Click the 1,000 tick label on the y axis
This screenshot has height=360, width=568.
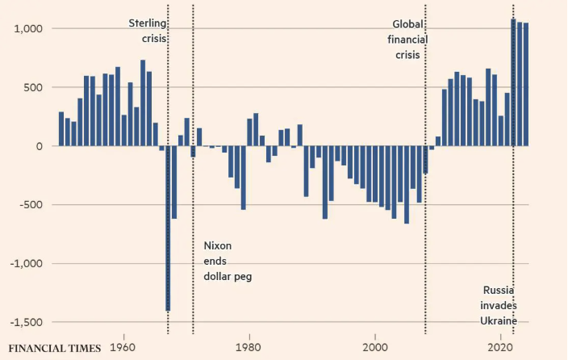coord(29,29)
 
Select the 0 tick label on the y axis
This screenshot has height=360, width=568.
coord(39,146)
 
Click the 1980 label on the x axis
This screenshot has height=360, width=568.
coord(249,347)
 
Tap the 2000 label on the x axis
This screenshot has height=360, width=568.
coord(375,347)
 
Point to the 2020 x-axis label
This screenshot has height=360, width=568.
coord(501,347)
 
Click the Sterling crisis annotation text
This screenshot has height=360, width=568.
coord(148,30)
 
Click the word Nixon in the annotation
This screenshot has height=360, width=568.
coord(218,245)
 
